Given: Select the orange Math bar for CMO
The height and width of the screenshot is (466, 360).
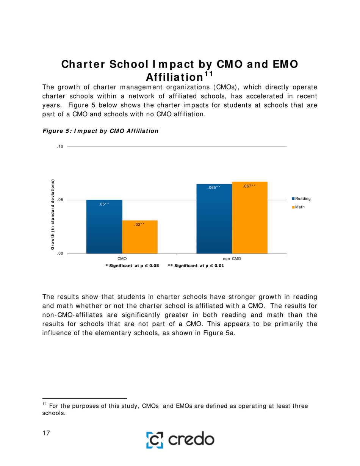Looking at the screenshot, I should (x=139, y=237).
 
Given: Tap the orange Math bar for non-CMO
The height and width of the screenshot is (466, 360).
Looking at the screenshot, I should (x=249, y=217).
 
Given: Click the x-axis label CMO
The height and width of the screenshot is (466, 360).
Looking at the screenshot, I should (x=122, y=258).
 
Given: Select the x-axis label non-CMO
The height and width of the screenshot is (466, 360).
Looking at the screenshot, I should (x=232, y=258).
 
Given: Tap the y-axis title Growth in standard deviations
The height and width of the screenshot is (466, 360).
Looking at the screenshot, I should (x=53, y=214).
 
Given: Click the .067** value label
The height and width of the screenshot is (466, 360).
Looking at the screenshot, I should (x=249, y=186).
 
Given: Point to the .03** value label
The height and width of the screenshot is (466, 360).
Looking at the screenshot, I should (x=139, y=225).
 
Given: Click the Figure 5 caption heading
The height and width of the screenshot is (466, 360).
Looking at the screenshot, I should (x=100, y=131).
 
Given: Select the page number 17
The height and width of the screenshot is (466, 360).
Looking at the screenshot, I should (x=46, y=433).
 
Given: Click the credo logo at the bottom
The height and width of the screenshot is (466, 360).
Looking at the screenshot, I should (x=180, y=439).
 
